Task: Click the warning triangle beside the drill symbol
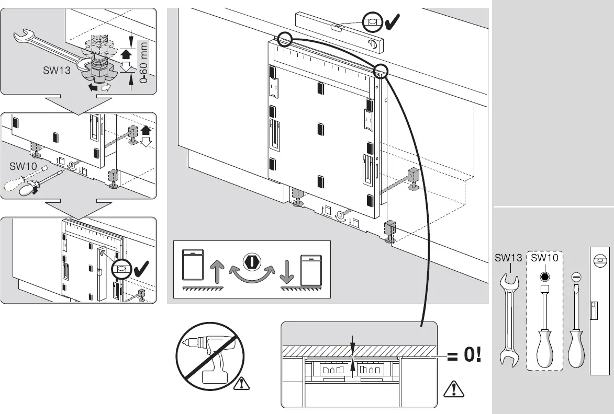point(241,384)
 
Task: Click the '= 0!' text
point(463,356)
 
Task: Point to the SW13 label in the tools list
point(508,258)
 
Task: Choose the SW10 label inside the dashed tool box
point(544,258)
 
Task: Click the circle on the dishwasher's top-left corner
point(285,39)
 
